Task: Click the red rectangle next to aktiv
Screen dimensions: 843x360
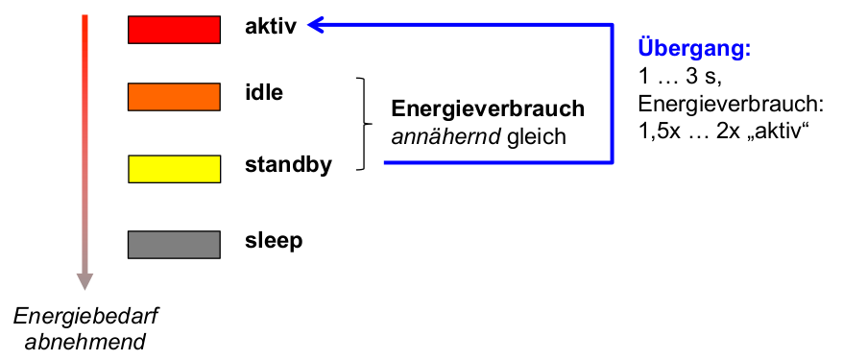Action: (x=174, y=30)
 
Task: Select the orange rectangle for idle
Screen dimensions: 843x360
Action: (x=174, y=97)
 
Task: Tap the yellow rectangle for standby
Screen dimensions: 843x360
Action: (x=174, y=169)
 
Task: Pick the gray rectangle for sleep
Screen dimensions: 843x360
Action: (x=174, y=245)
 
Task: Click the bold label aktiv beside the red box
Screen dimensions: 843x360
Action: (x=271, y=27)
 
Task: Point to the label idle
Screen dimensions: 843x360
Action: (x=264, y=93)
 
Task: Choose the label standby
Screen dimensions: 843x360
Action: (x=288, y=165)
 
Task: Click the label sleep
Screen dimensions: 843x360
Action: (x=274, y=241)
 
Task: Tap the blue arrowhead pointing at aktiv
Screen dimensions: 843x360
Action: (x=315, y=25)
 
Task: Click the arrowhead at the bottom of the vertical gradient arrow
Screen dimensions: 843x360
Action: (x=84, y=281)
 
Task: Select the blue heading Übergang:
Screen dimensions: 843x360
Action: (x=694, y=49)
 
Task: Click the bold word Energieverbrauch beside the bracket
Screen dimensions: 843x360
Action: (x=488, y=109)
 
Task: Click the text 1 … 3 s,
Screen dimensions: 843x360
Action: (x=680, y=77)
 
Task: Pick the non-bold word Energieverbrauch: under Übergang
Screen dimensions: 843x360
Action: (x=731, y=106)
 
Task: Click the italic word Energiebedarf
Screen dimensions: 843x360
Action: (x=84, y=317)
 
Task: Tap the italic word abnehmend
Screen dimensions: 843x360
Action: (x=85, y=343)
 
